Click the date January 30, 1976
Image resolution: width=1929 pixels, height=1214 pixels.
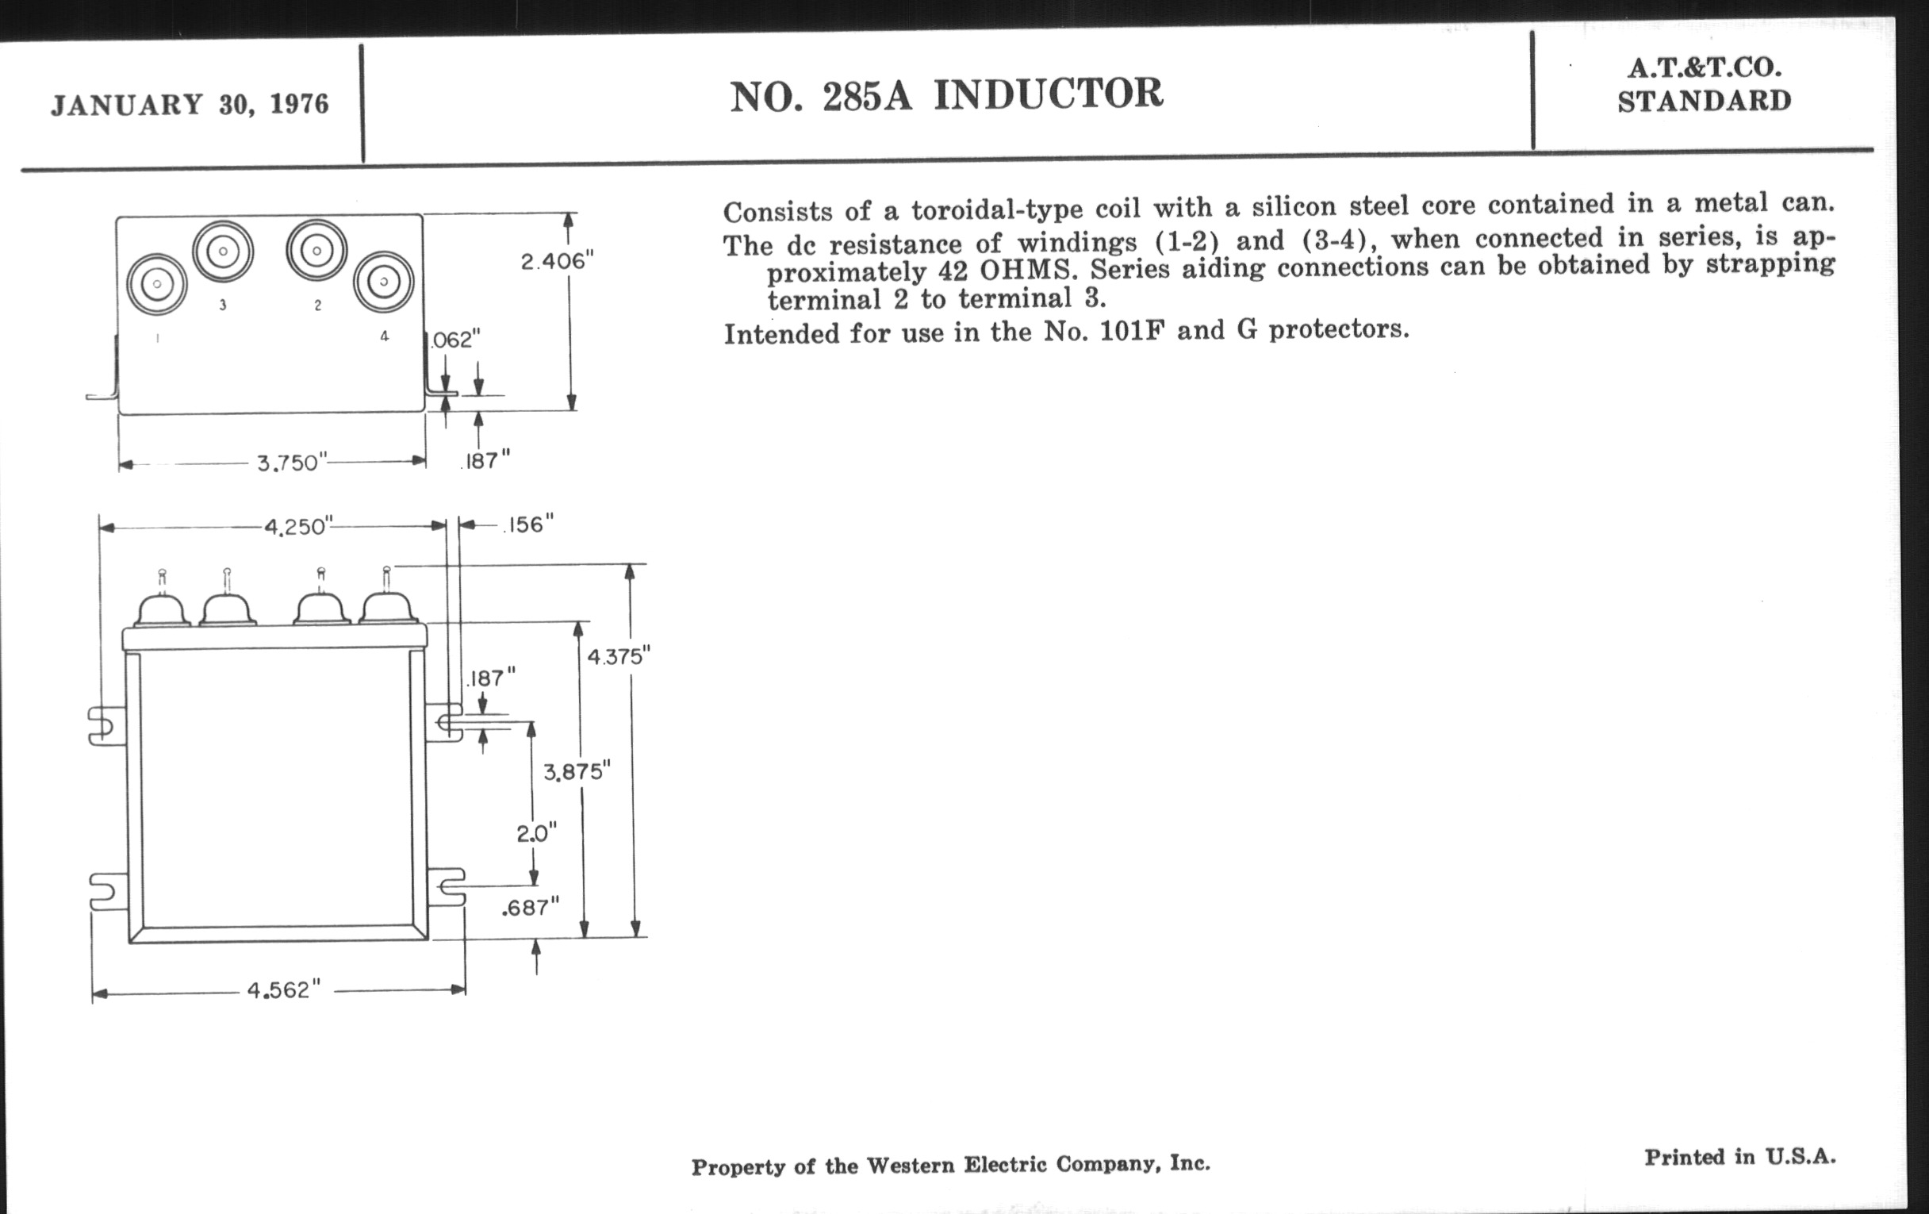pos(190,105)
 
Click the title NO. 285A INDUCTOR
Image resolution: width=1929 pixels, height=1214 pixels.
pos(946,94)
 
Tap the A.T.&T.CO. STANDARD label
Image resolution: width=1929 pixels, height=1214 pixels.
pos(1704,85)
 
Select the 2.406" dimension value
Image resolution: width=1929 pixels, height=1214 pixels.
pos(557,261)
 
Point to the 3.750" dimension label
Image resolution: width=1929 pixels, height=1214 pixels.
pos(293,463)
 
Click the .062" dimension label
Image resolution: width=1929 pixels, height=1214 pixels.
pos(455,340)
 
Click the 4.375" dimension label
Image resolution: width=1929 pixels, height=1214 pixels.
pos(618,657)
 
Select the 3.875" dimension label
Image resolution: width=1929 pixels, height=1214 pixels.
pos(577,772)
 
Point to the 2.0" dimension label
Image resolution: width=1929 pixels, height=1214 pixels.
pos(536,834)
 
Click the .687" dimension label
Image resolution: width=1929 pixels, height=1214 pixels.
pos(530,907)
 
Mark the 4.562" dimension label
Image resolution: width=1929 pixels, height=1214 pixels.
pos(283,990)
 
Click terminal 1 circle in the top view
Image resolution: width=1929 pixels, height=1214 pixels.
pos(157,284)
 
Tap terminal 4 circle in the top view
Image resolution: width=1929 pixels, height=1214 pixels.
pos(384,281)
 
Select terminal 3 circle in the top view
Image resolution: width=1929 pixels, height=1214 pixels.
pos(223,252)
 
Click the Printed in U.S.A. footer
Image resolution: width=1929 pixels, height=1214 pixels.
pos(1740,1157)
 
